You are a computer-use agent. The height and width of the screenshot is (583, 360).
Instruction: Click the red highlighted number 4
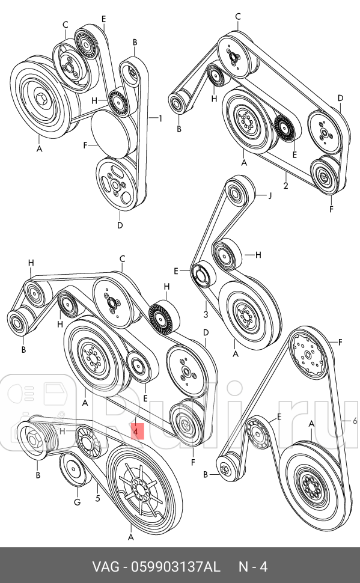pos(136,430)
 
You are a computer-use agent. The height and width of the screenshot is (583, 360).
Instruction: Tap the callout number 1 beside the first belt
pos(160,118)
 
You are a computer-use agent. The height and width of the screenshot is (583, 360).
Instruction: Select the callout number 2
pos(285,186)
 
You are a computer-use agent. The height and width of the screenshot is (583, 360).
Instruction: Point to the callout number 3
pos(205,314)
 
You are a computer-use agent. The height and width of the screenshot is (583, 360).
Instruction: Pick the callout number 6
pos(355,420)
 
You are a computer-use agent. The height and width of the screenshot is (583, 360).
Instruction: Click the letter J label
pos(270,195)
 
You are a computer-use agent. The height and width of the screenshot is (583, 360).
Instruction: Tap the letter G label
pos(77,501)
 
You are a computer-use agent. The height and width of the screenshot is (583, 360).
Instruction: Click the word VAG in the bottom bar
pos(105,566)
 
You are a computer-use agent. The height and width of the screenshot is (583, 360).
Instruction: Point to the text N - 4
pos(252,566)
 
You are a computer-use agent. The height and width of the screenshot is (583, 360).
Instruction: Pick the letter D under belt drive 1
pos(120,226)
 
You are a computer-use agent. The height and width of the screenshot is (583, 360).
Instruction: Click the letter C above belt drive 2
pos(239,16)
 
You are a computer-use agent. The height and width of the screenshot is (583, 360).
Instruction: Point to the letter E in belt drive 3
pos(176,271)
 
